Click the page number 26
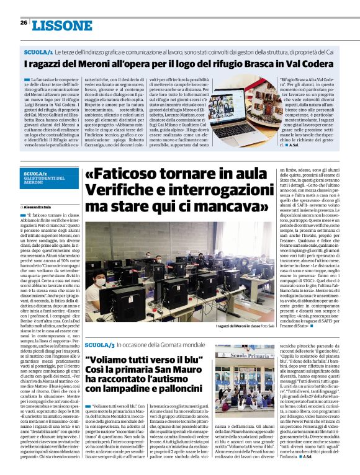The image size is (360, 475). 24,23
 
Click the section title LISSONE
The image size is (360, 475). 58,25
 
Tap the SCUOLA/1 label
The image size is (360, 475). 38,53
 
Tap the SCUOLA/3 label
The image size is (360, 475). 99,344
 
